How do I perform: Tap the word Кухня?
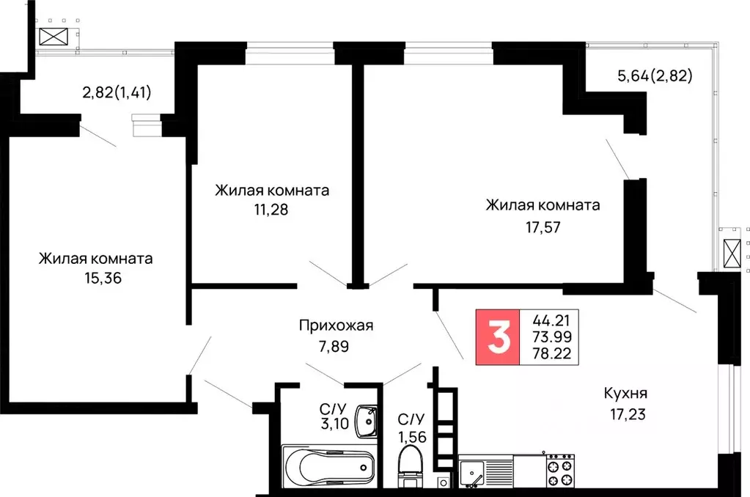pyautogui.click(x=625, y=393)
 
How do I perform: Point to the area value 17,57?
pyautogui.click(x=543, y=227)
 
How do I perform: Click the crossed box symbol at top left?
pyautogui.click(x=54, y=37)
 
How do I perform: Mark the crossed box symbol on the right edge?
pyautogui.click(x=732, y=254)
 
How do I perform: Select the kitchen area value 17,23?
pyautogui.click(x=625, y=413)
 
